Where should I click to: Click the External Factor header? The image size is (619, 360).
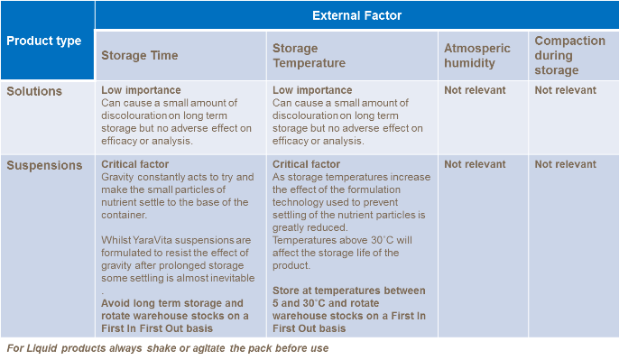coord(357,15)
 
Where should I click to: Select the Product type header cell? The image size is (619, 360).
coord(44,41)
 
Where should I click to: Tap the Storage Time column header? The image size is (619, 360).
coord(140,55)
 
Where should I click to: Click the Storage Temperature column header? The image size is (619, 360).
coord(309,55)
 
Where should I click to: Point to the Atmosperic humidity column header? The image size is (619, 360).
coord(476,55)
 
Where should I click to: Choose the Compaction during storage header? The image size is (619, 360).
coord(569,55)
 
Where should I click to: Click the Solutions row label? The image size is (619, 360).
coord(34,91)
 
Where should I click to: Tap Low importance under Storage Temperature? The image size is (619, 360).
coord(312,90)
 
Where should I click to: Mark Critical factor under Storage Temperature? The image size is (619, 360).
coord(307,164)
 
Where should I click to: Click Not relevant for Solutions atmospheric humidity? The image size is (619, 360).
coord(475,90)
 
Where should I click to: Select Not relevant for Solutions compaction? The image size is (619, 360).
coord(565,90)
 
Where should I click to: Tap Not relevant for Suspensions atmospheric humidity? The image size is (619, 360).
coord(475,164)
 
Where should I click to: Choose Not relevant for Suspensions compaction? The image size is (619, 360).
coord(565,164)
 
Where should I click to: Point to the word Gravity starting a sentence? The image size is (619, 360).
coord(119,177)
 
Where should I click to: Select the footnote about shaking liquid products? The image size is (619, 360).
coord(167,348)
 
